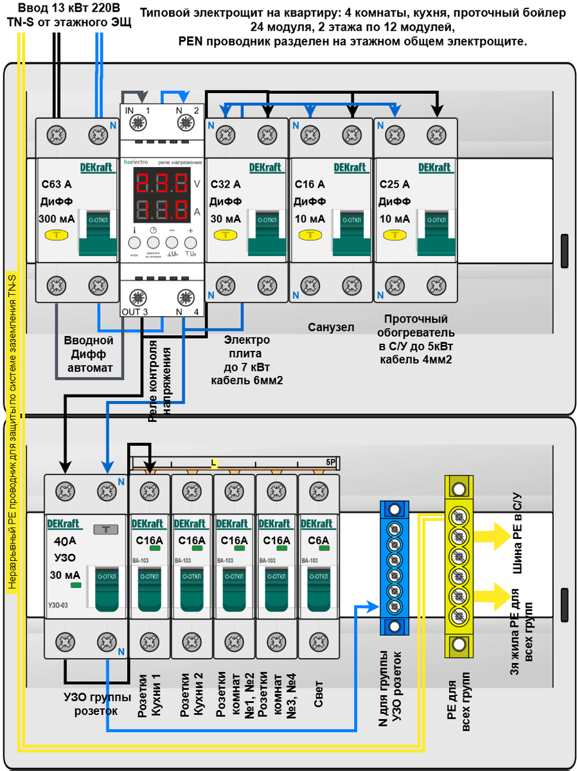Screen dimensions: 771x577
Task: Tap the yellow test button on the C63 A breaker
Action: click(57, 235)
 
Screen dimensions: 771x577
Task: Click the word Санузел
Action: click(331, 327)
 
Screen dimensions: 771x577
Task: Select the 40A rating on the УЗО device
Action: click(65, 540)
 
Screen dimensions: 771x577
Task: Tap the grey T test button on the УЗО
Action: click(105, 529)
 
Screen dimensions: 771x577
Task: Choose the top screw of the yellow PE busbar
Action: click(458, 490)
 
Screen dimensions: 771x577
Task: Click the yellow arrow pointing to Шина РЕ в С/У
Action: click(493, 535)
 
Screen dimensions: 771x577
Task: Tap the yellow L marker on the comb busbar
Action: click(214, 463)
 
